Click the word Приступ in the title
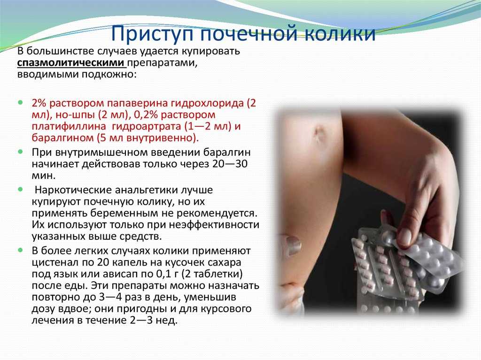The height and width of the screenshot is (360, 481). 152,33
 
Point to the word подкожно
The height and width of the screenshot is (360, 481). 108,75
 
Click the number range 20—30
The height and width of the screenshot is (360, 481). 230,164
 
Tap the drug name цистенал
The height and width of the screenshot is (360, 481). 56,262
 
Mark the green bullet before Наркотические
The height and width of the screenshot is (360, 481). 21,190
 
